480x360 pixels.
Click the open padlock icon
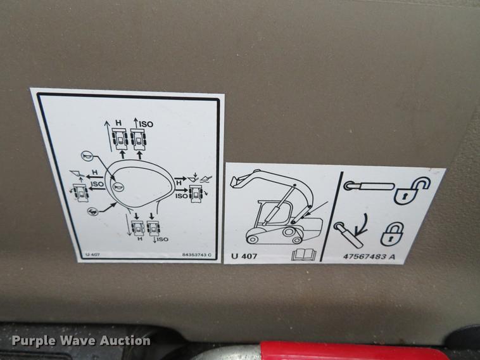click(x=412, y=190)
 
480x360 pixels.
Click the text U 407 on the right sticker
click(x=243, y=256)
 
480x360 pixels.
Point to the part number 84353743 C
click(x=197, y=255)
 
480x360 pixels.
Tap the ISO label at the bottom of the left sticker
click(x=162, y=239)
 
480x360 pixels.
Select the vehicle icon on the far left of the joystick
click(x=80, y=193)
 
